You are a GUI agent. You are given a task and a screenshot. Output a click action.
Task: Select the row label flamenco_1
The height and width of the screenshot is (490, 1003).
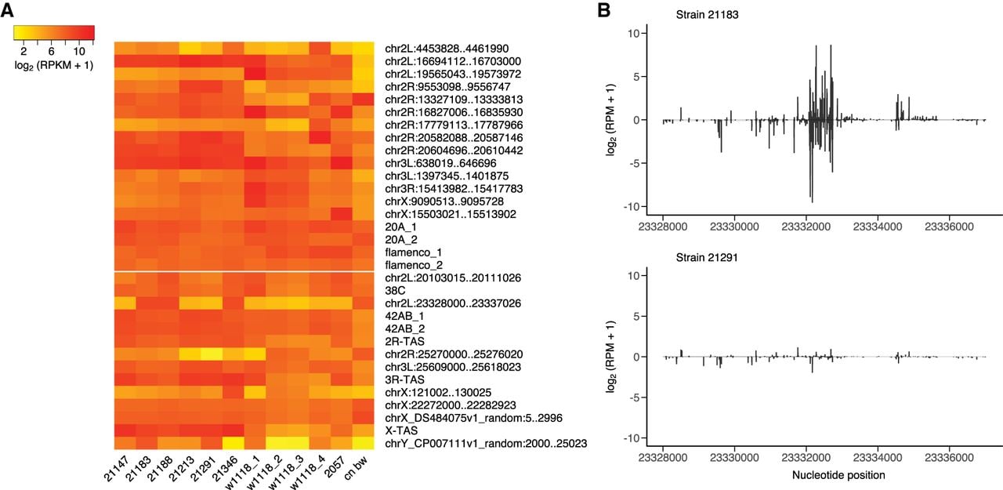(413, 252)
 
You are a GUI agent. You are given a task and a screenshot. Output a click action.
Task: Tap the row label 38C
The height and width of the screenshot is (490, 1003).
(395, 291)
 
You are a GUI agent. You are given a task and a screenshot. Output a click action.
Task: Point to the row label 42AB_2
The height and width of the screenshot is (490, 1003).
(405, 328)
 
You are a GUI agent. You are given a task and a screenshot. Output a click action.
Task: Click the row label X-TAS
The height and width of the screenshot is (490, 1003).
(401, 430)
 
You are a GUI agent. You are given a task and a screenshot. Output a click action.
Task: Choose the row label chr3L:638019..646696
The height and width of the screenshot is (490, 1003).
(440, 163)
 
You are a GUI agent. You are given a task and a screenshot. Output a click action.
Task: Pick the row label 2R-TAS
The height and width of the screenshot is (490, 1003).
(405, 341)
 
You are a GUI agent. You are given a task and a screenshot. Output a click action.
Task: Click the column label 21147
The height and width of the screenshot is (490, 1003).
(117, 469)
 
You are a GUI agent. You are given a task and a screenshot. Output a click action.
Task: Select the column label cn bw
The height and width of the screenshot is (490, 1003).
(356, 467)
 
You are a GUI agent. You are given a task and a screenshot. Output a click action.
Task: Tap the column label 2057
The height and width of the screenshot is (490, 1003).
(336, 466)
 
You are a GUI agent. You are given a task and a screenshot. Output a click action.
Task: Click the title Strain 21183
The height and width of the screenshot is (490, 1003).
(707, 14)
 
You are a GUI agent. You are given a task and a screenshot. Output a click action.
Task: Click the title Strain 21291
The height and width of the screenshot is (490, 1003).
(707, 257)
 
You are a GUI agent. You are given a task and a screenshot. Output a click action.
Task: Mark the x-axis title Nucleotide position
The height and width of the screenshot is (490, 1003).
(838, 475)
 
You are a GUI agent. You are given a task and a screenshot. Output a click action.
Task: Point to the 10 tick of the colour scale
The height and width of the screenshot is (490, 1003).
(79, 51)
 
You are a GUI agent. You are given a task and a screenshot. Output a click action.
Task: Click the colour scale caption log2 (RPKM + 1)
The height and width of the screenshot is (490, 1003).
(54, 65)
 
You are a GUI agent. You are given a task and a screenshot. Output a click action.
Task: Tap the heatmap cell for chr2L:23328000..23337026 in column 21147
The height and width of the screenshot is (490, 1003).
(125, 303)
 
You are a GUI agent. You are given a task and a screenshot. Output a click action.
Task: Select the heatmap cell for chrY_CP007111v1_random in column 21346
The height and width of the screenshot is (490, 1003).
(234, 444)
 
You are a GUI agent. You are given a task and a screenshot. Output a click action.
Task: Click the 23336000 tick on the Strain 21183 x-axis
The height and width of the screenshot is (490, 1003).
(949, 227)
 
